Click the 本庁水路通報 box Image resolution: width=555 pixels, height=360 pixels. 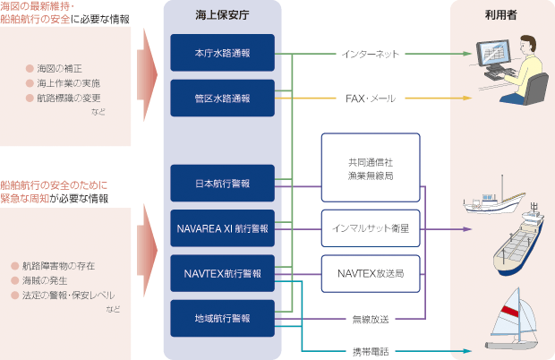point(222,54)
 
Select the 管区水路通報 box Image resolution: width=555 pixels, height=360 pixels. point(222,98)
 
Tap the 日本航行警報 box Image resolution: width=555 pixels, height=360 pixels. point(222,184)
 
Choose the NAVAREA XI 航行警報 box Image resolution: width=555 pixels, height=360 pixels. point(222,228)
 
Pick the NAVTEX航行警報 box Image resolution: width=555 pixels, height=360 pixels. point(222,273)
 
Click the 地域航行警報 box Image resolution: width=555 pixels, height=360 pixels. point(222,318)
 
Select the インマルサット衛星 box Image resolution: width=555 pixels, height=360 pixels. point(371,228)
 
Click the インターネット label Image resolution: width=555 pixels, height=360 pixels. point(371,54)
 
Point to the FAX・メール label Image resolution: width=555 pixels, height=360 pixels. point(371,98)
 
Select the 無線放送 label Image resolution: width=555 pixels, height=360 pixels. point(371,318)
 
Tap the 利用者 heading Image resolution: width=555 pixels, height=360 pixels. point(502,15)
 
